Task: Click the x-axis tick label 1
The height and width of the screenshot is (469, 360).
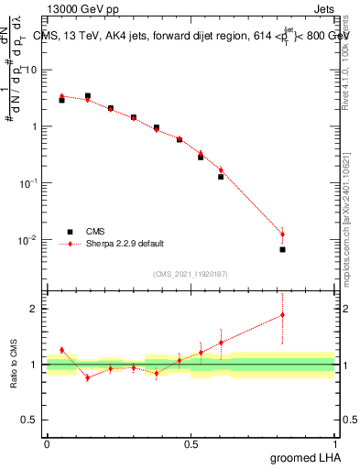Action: tap(334, 444)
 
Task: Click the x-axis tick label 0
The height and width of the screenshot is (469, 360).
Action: tap(47, 444)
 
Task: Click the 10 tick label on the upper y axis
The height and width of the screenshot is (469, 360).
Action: tap(33, 70)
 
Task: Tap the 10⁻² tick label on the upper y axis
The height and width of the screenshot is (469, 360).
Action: tap(32, 240)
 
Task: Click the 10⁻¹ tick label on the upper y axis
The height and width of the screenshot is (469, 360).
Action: tap(32, 183)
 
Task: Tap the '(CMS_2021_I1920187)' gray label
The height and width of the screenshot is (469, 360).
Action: tap(191, 273)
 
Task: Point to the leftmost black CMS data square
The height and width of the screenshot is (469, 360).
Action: tap(61, 100)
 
